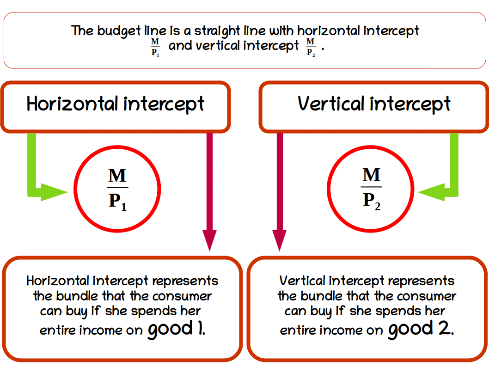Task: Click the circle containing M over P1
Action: pos(117,190)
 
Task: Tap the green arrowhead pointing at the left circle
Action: pos(55,192)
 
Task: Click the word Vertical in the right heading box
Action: pos(331,104)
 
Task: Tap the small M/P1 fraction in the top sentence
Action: pos(155,47)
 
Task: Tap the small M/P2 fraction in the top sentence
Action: pos(311,47)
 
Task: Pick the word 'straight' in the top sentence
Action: pos(218,31)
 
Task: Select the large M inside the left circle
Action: pos(117,176)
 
